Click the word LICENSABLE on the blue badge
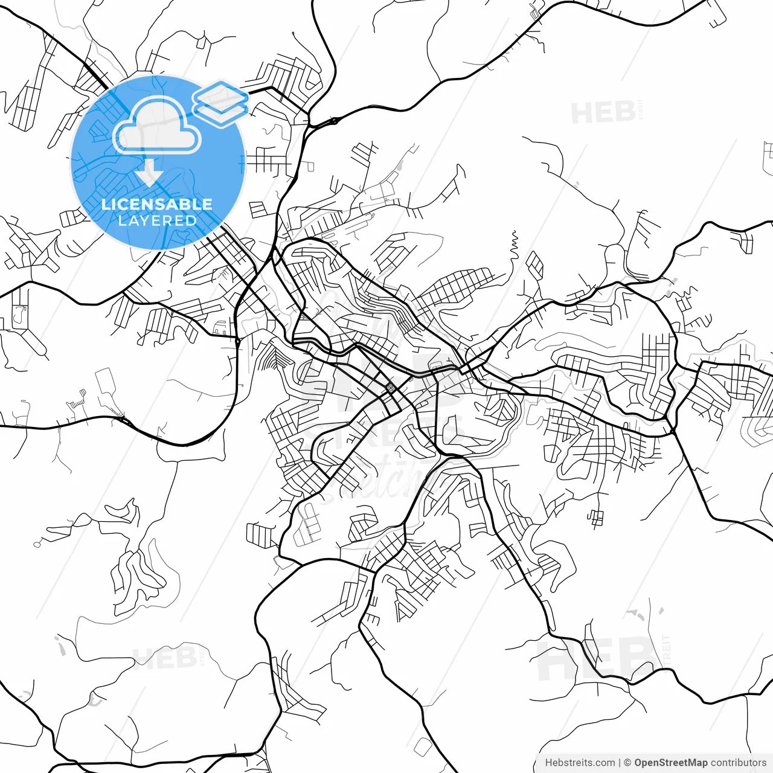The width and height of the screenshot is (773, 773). click(x=157, y=204)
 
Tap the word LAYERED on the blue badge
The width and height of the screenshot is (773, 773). click(x=157, y=220)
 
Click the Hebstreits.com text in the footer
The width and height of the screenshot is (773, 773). click(x=580, y=763)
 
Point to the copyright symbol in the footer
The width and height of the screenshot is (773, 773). click(x=627, y=763)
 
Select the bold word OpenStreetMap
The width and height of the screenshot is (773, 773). click(x=670, y=763)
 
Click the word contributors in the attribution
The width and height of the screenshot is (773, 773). click(x=738, y=763)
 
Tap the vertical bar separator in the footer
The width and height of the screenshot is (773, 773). click(x=620, y=763)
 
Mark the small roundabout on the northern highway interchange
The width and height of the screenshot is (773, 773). click(x=334, y=121)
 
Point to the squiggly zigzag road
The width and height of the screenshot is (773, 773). click(x=514, y=242)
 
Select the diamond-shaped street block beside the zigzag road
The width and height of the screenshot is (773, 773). click(x=534, y=263)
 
